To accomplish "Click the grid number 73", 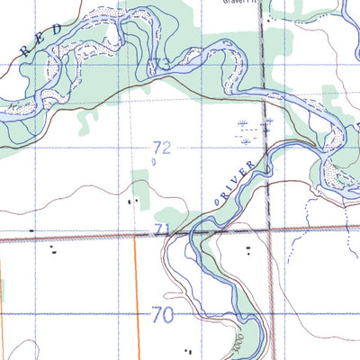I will click(x=161, y=65).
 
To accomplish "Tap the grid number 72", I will click(x=162, y=146).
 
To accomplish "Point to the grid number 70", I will click(x=163, y=315).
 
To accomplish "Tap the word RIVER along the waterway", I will click(x=236, y=179).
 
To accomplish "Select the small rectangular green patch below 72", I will click(x=139, y=181).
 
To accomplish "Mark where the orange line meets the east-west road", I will click(x=135, y=237).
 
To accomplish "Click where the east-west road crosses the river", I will click(x=192, y=233).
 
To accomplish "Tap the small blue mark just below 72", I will click(x=154, y=163).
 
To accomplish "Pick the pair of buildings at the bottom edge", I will click(x=189, y=350).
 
